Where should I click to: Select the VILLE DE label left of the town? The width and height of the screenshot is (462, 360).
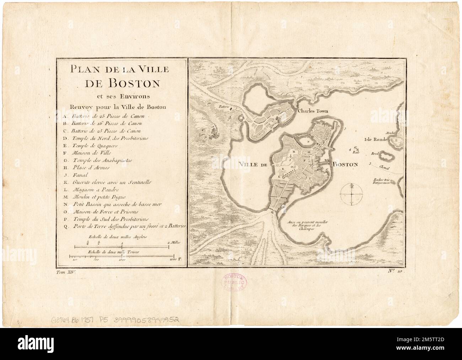click(x=254, y=164)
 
